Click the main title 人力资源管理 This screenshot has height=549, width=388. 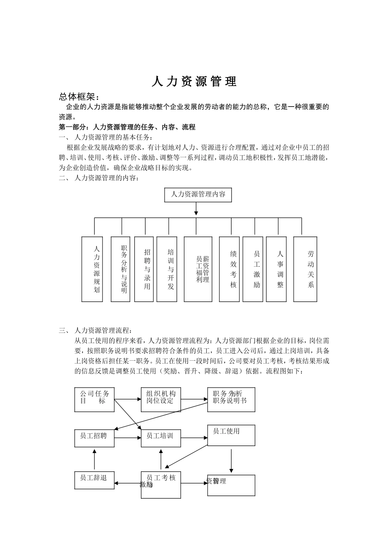click(194, 82)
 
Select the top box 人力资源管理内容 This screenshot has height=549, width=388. click(198, 194)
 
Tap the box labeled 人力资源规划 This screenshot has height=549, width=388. click(92, 269)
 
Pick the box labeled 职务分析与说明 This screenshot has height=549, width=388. click(120, 269)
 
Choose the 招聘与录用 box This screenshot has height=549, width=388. click(144, 269)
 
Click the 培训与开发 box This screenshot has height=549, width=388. click(167, 269)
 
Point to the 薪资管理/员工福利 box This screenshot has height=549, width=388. click(198, 269)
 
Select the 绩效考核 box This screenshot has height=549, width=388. click(229, 269)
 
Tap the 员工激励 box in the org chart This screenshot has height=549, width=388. click(253, 269)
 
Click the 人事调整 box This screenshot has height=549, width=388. click(276, 269)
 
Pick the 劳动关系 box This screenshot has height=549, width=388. click(305, 269)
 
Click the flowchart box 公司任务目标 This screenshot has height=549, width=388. click(94, 399)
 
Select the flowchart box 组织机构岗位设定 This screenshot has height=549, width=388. click(161, 399)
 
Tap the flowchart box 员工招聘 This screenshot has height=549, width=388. click(94, 438)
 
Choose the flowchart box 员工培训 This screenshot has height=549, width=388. click(161, 438)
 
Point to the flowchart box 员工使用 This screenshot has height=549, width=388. click(231, 435)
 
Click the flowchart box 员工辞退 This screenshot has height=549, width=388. click(94, 480)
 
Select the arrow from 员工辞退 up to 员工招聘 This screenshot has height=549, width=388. click(94, 460)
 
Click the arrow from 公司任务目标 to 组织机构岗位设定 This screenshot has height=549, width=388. click(127, 399)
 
